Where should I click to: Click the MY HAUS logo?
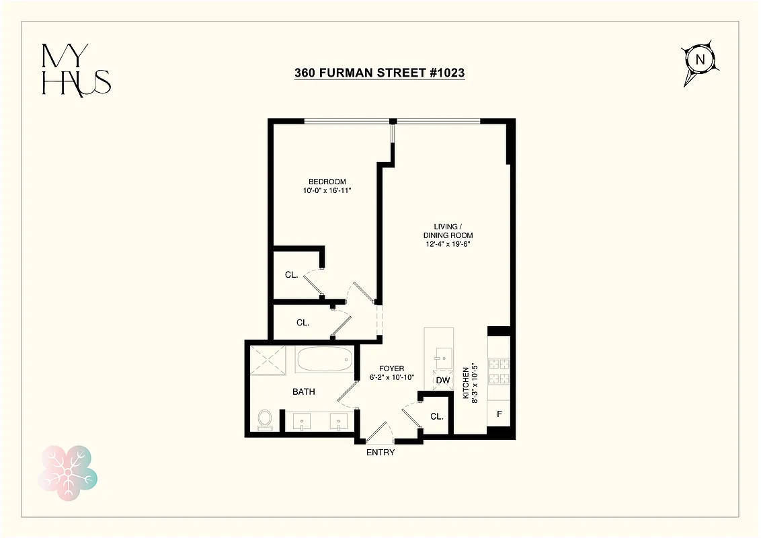76,71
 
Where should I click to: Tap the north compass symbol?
699,60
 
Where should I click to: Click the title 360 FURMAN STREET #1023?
380,73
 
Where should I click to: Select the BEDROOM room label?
327,182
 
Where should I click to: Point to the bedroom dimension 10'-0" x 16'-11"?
327,191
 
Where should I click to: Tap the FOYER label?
391,369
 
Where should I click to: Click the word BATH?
303,391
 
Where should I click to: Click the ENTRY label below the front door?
380,453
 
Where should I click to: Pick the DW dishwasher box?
442,381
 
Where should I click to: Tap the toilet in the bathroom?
264,420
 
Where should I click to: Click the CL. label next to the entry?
437,416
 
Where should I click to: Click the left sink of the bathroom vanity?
302,422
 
